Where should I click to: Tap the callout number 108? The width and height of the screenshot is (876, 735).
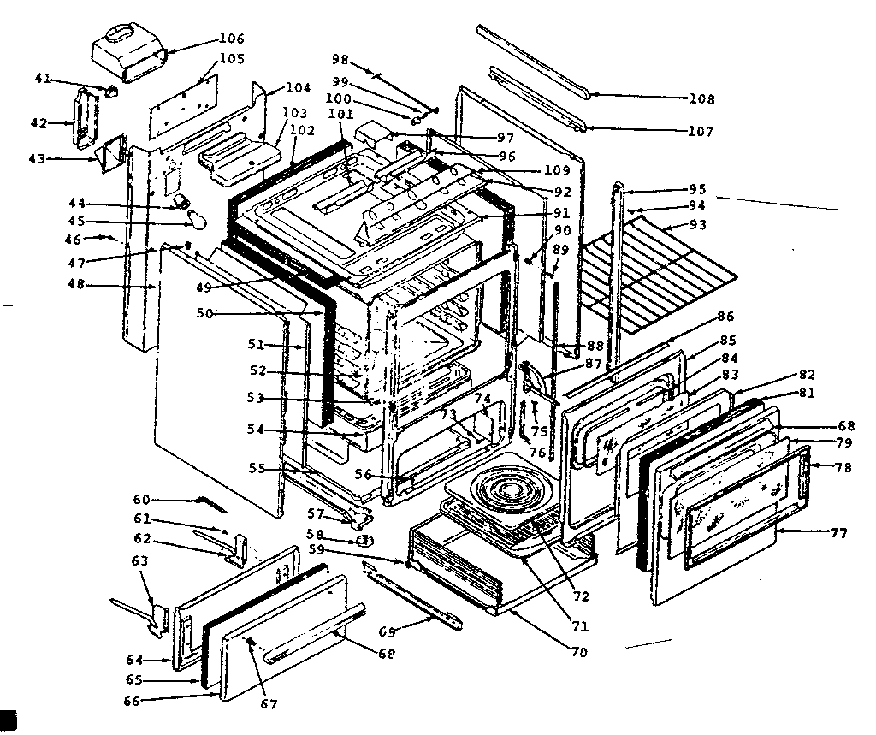[701, 98]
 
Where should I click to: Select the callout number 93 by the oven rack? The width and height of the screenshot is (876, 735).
[697, 225]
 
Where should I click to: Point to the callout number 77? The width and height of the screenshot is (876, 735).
[838, 533]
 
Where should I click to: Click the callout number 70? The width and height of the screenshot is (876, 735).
[578, 653]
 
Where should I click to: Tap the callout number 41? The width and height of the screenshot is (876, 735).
[43, 80]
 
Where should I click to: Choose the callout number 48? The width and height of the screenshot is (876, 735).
[75, 285]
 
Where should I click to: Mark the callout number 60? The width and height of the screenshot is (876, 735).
[140, 499]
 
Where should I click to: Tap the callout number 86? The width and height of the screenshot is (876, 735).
[726, 316]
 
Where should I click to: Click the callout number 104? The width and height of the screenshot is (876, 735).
[298, 88]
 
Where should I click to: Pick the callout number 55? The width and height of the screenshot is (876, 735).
[257, 469]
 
